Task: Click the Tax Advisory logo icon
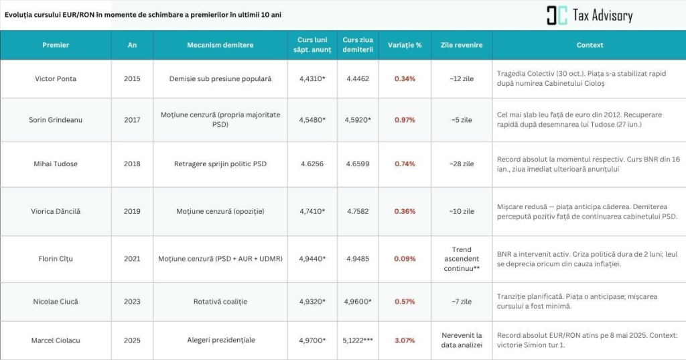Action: tap(557, 15)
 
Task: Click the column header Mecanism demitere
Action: tap(220, 46)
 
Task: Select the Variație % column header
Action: tap(405, 46)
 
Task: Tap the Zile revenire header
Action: tap(462, 46)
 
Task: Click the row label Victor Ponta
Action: tap(56, 79)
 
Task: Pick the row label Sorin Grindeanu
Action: tap(56, 120)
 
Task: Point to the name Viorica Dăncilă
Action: tap(56, 212)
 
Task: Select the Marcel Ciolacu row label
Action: tap(56, 341)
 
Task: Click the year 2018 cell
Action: tap(133, 164)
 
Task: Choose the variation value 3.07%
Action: tap(405, 341)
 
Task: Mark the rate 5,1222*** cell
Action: tap(358, 341)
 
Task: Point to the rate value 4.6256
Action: tap(312, 164)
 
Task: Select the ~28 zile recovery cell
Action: tap(462, 164)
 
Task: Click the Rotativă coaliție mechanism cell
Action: tap(220, 302)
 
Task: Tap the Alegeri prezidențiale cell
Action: tap(220, 341)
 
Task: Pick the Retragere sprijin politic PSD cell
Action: tap(220, 164)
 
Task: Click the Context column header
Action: tap(590, 46)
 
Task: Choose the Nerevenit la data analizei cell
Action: tap(462, 340)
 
